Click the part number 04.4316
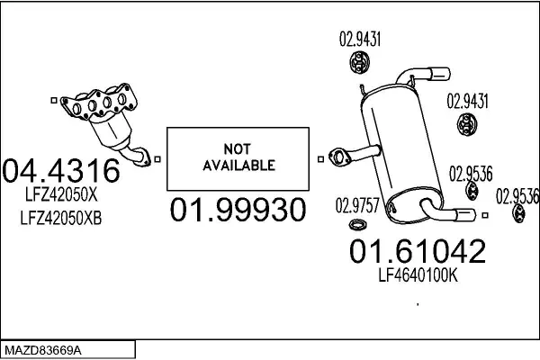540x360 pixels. pos(61,171)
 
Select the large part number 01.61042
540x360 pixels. pos(417,251)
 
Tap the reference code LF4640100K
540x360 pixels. pos(417,278)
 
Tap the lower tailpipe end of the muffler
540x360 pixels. pos(459,214)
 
